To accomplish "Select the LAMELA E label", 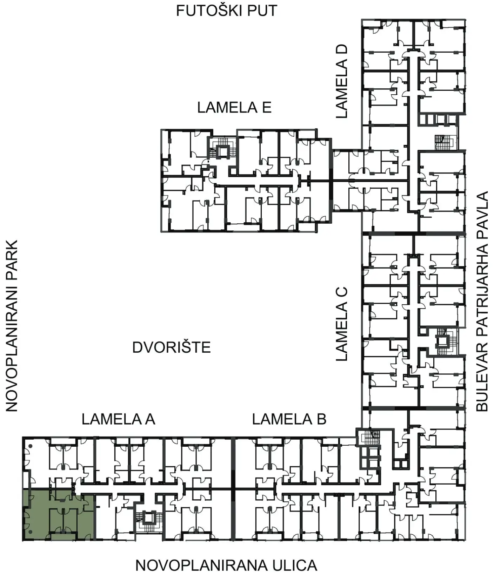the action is point(234,107).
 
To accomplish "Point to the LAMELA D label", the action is point(341,81).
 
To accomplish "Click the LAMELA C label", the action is point(341,324).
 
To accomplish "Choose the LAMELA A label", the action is point(118,419).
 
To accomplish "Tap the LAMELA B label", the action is point(289,419).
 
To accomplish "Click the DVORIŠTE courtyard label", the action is point(172,347).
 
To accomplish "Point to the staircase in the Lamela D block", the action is point(444,142).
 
